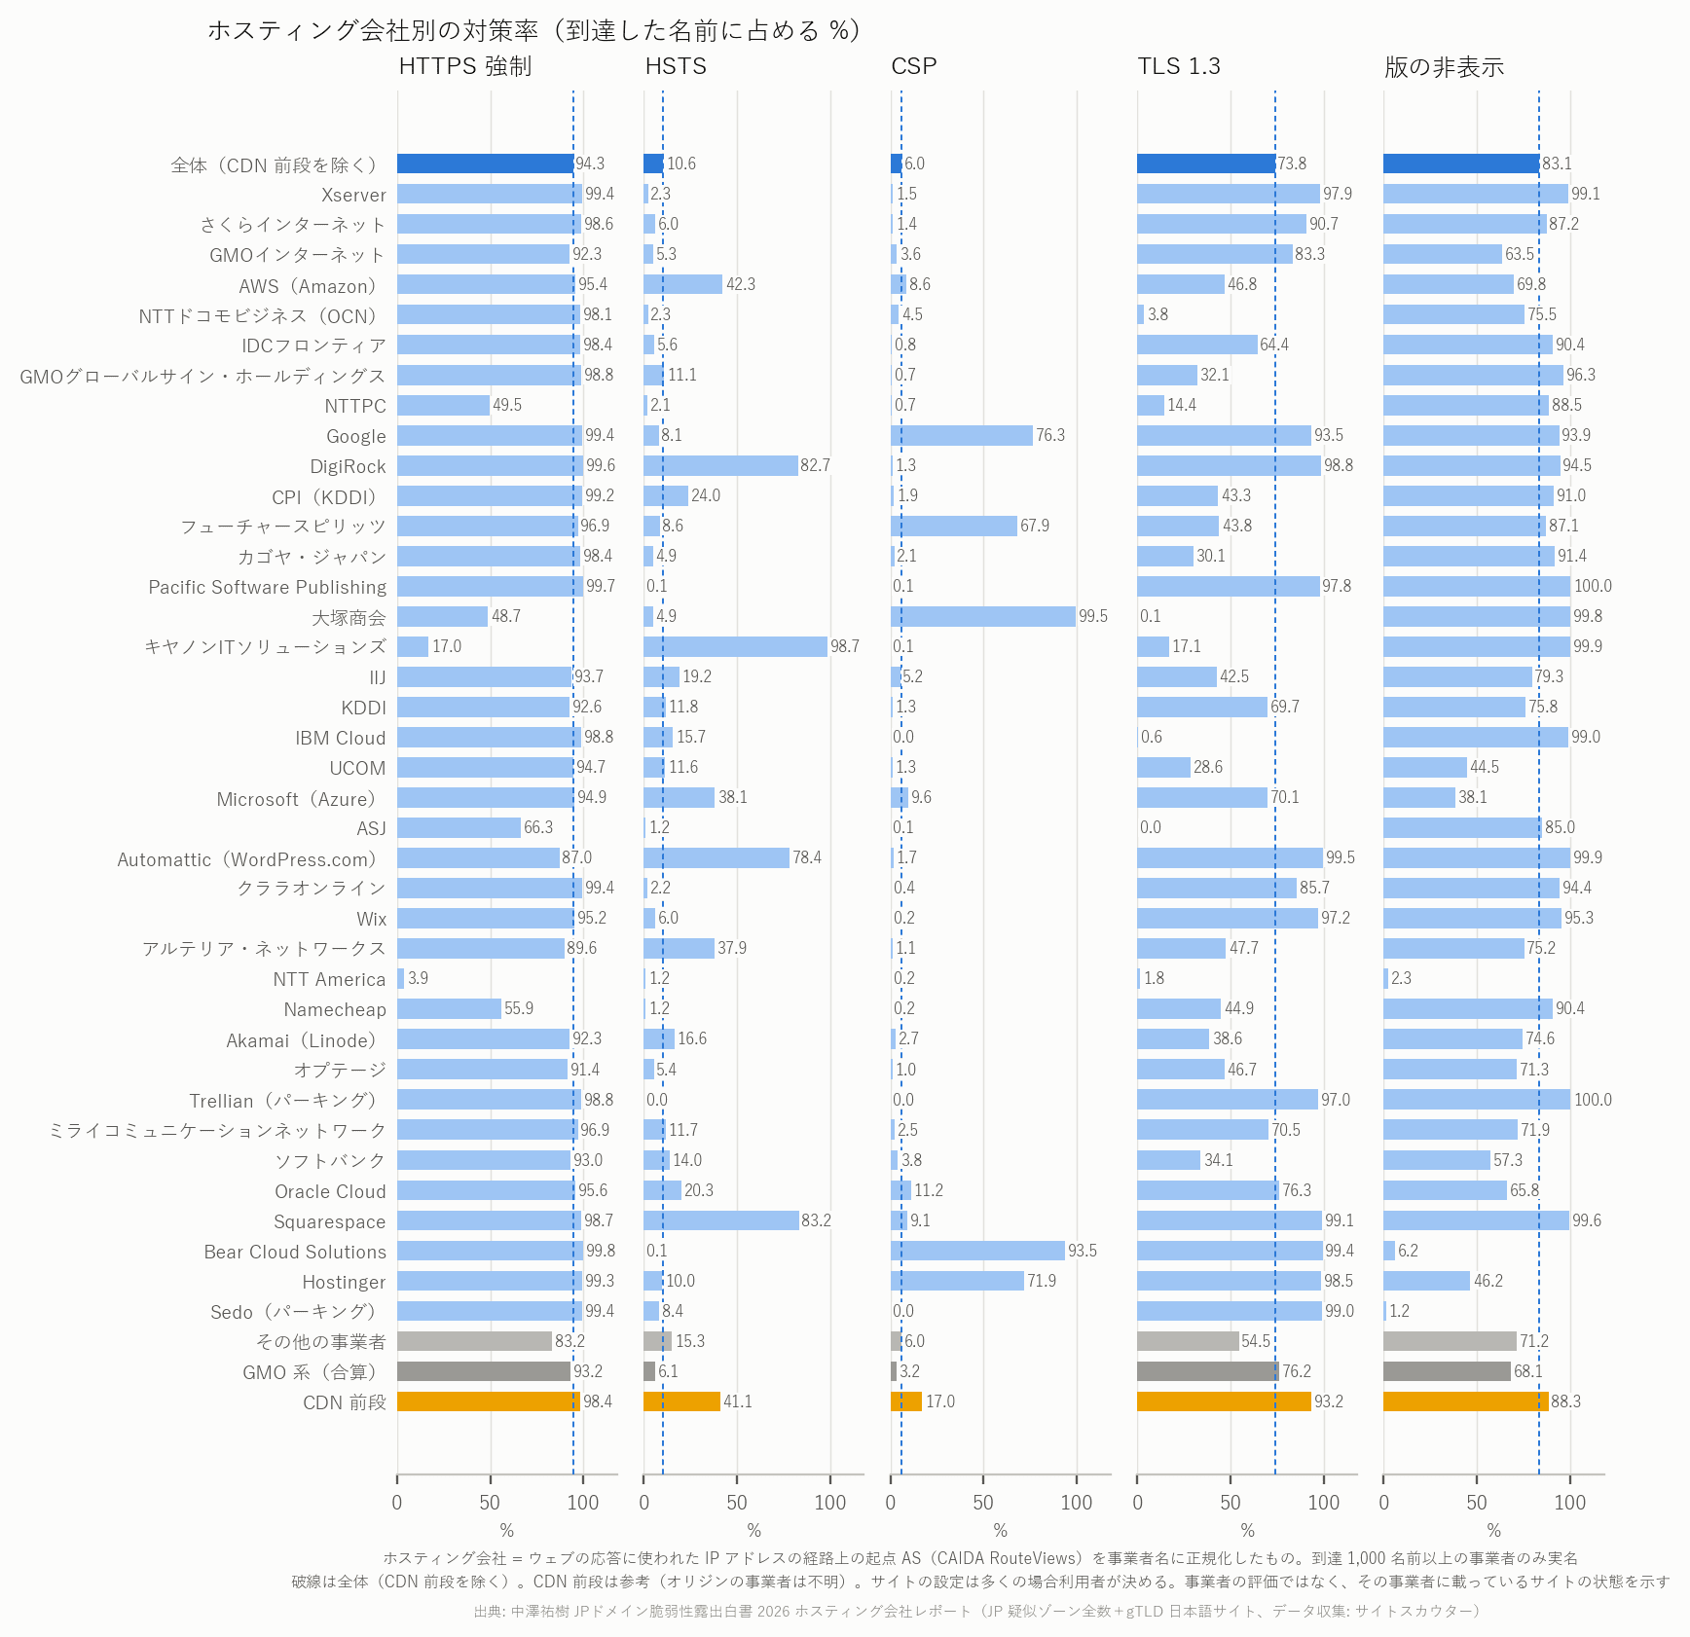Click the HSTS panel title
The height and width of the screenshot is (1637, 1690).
tap(676, 66)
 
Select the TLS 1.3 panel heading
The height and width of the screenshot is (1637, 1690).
tap(1179, 66)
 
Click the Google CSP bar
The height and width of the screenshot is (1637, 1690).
tap(962, 435)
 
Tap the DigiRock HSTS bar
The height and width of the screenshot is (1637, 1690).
tap(720, 465)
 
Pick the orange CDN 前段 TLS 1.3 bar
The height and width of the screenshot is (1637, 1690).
tap(1224, 1401)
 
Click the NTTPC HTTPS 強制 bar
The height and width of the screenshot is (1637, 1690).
tap(443, 405)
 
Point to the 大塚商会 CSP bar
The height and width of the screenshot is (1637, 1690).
tap(983, 616)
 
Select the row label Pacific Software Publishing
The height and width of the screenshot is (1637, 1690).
tap(267, 587)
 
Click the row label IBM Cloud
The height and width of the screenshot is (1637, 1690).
tap(340, 738)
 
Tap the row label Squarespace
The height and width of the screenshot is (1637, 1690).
tap(329, 1221)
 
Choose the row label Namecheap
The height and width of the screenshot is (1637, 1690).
tap(335, 1009)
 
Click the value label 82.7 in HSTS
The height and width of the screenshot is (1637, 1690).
tap(816, 465)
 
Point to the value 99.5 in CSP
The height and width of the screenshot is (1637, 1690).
tap(1093, 616)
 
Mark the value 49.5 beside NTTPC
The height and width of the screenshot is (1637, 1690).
tap(507, 405)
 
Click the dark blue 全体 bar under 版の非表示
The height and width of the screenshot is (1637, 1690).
tap(1461, 164)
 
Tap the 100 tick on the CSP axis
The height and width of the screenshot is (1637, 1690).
tap(1077, 1502)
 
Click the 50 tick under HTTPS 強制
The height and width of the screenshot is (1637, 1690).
tap(490, 1502)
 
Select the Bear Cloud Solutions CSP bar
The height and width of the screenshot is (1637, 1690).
tap(977, 1251)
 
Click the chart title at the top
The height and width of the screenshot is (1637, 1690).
tap(534, 30)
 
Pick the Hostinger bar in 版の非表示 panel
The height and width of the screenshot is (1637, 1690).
tap(1426, 1281)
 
